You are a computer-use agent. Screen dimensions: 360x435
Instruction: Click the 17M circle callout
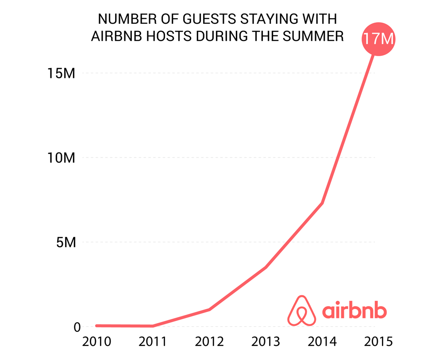[x=377, y=39]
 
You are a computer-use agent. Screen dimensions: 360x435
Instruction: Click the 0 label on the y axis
[x=77, y=327]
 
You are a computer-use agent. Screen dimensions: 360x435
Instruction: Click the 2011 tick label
[x=152, y=342]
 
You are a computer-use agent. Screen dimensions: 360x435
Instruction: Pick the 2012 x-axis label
[x=209, y=342]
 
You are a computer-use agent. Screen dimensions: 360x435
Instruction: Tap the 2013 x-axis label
[x=266, y=342]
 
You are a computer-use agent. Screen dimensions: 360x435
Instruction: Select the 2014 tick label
[x=322, y=342]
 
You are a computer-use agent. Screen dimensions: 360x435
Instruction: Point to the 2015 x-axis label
[x=377, y=342]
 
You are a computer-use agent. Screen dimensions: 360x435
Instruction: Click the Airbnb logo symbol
[x=302, y=310]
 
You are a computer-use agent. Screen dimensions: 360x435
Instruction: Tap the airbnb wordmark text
[x=354, y=310]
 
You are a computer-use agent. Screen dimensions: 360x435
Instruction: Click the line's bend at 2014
[x=322, y=203]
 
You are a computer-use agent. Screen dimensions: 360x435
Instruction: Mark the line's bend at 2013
[x=266, y=268]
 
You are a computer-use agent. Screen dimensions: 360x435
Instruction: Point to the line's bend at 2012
[x=209, y=310]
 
